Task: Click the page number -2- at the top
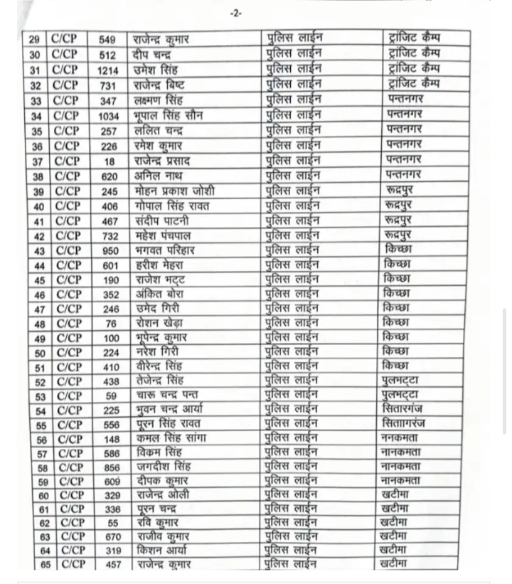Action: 236,13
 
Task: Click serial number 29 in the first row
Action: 35,38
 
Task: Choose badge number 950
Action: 110,250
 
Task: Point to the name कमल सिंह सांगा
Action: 170,439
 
